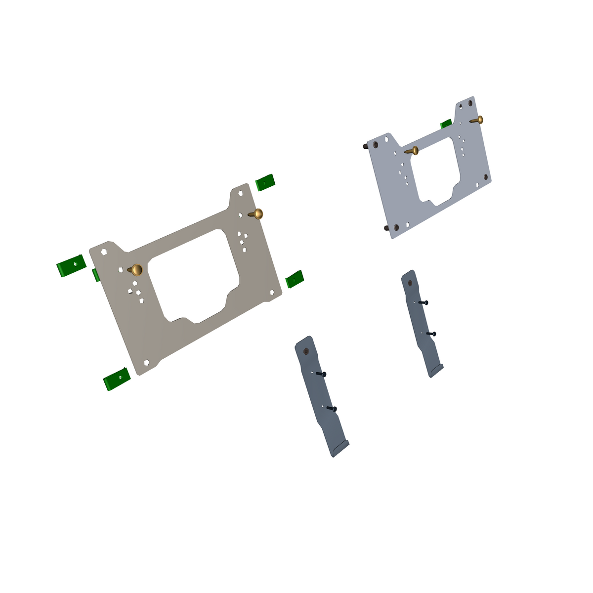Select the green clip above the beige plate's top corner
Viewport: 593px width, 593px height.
click(265, 182)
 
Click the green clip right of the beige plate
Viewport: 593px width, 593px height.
click(295, 279)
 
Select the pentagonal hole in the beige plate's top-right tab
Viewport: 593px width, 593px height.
click(241, 193)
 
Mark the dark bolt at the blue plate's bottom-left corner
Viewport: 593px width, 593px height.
click(386, 228)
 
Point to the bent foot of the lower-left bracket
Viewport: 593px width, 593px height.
click(340, 448)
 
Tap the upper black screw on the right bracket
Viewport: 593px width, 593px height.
click(423, 302)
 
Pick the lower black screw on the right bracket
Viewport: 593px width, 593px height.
click(431, 334)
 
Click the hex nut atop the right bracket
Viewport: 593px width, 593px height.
click(410, 283)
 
